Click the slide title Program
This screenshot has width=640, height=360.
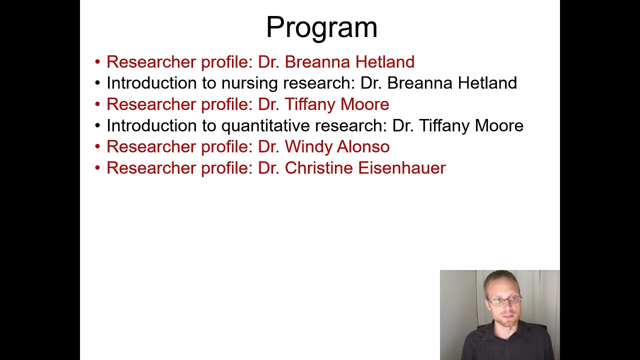click(x=321, y=27)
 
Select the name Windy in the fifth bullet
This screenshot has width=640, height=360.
click(x=308, y=146)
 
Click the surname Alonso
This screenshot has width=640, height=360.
click(x=363, y=146)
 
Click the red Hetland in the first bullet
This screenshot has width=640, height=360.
click(x=384, y=62)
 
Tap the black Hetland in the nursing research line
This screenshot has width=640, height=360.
click(x=487, y=83)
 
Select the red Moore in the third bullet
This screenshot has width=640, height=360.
click(x=364, y=104)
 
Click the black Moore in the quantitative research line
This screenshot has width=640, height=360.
click(x=498, y=125)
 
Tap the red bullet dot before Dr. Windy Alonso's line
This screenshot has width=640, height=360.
click(x=97, y=147)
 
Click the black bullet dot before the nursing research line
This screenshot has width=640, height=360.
click(x=97, y=83)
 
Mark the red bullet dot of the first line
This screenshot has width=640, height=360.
click(x=97, y=62)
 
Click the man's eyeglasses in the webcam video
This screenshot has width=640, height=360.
click(x=504, y=301)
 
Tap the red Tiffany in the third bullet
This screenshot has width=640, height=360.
click(x=310, y=104)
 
